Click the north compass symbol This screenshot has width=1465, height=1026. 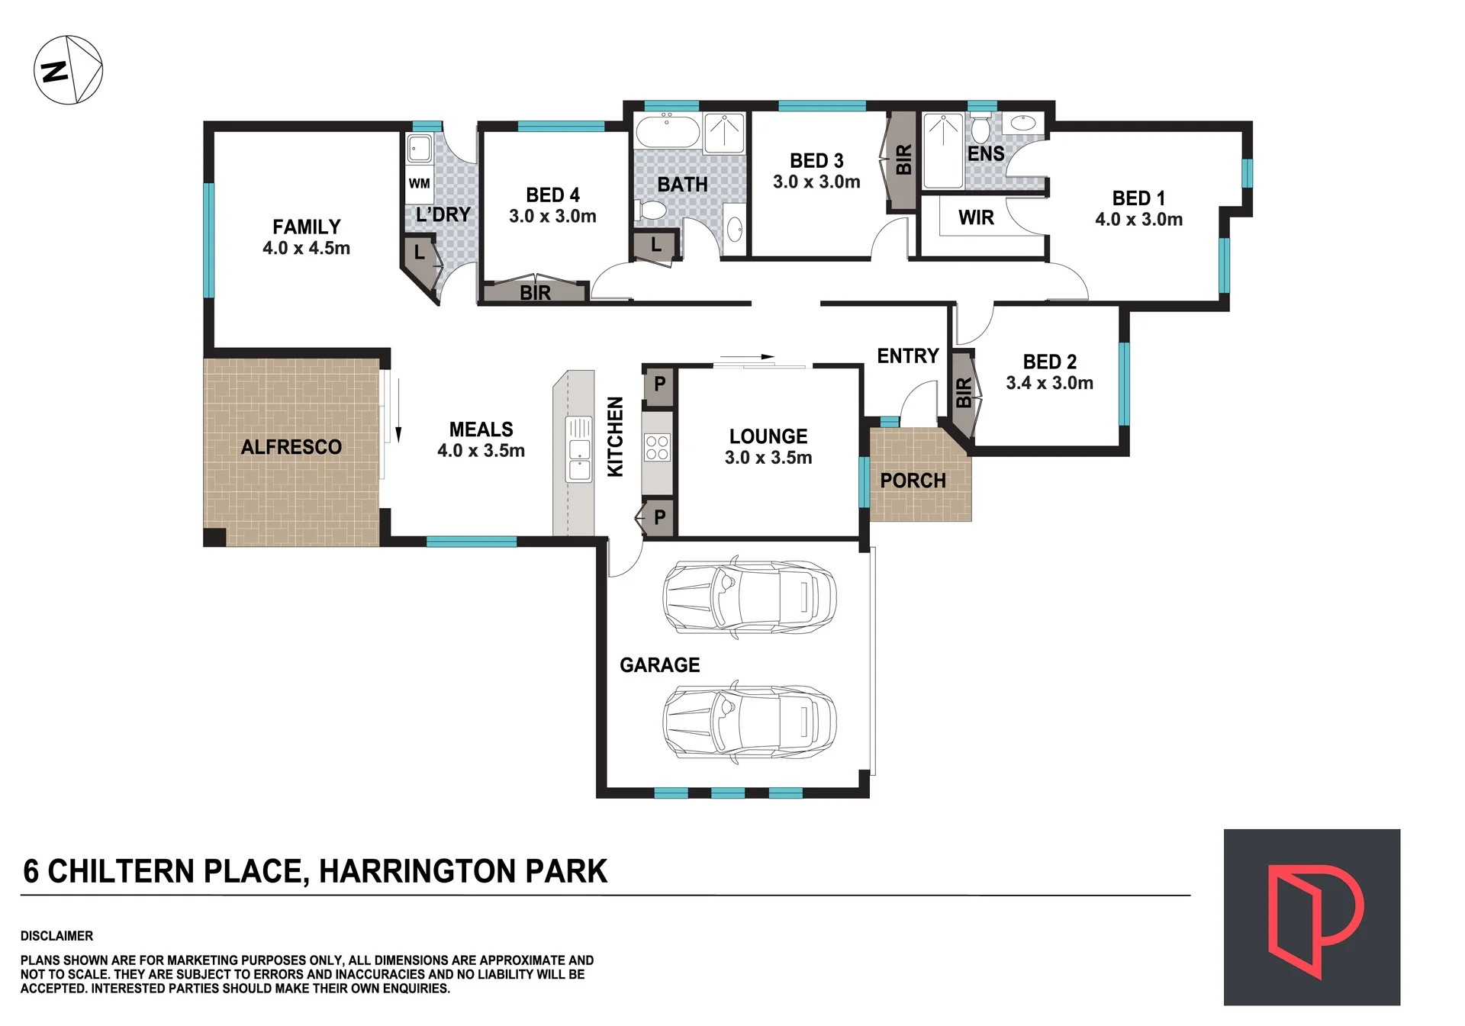68,69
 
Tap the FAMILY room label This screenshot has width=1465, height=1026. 307,227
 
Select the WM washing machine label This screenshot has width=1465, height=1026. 419,183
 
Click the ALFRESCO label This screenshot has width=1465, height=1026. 291,447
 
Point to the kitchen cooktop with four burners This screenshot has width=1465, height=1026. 657,447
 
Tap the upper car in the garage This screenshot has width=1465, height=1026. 749,597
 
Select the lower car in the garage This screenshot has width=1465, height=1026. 749,722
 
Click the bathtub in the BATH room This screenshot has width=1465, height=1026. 668,131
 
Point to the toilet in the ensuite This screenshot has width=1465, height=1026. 980,128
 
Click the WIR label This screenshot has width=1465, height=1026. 976,218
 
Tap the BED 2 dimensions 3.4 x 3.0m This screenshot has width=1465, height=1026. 1049,383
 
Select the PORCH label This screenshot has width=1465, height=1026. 913,481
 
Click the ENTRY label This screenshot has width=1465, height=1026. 907,356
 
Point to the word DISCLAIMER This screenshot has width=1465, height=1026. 56,936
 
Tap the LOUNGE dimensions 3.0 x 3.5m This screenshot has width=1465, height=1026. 768,458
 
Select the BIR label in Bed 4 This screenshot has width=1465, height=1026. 535,293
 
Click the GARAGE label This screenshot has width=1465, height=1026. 659,665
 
